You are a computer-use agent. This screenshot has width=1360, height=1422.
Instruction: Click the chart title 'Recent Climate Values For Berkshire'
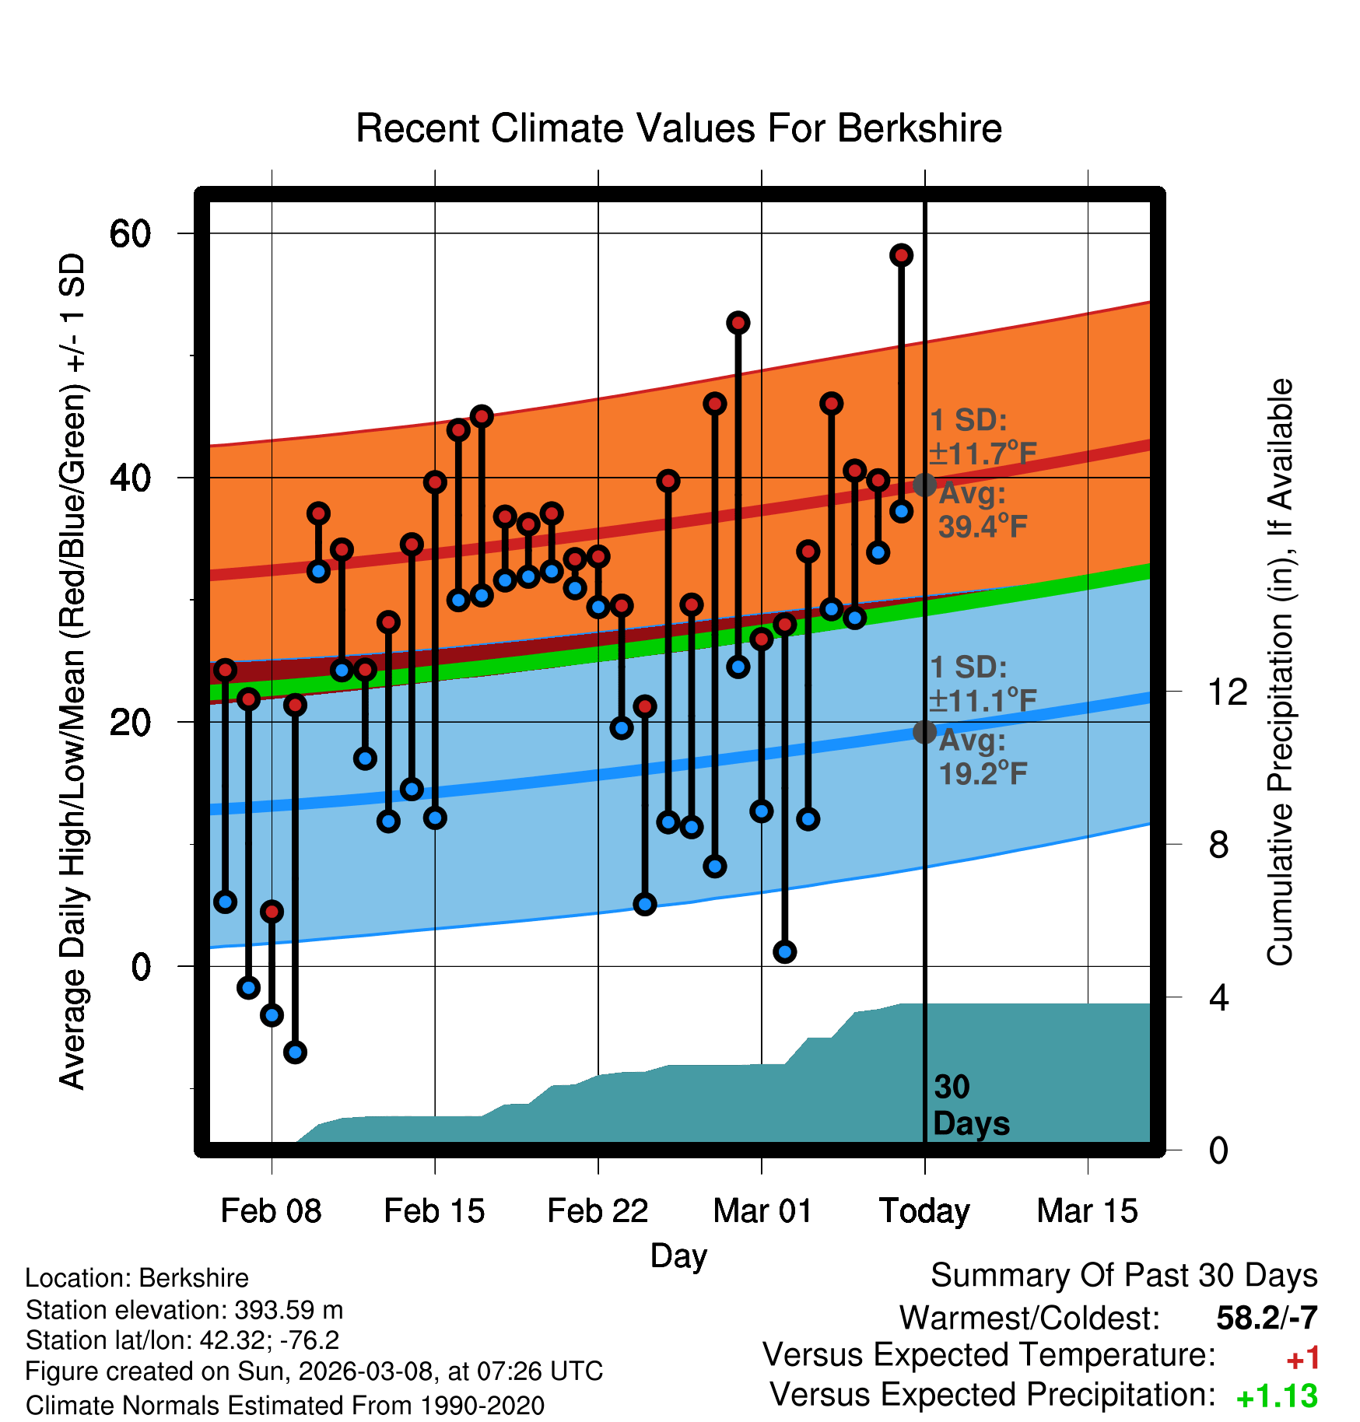[x=678, y=128]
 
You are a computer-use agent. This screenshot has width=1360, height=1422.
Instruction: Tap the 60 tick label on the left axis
[x=130, y=233]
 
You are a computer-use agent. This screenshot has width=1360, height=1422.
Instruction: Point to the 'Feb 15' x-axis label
[x=434, y=1211]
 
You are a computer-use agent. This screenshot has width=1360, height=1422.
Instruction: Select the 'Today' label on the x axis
[x=924, y=1211]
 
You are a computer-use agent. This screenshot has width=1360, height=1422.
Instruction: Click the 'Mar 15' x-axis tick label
[x=1087, y=1211]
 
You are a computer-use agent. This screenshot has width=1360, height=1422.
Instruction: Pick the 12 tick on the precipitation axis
[x=1228, y=692]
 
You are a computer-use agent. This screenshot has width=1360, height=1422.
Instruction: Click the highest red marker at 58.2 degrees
[x=902, y=255]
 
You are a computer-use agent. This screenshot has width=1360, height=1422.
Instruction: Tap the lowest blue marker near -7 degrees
[x=295, y=1052]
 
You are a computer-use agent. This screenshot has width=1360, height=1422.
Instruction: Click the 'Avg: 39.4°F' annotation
[x=982, y=510]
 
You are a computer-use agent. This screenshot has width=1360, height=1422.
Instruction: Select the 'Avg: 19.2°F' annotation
[x=982, y=757]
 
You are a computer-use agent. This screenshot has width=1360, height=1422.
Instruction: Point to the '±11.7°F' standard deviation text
[x=983, y=453]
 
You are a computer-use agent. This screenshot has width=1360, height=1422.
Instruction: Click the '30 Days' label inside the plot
[x=970, y=1105]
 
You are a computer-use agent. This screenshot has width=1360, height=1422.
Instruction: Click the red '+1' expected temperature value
[x=1302, y=1359]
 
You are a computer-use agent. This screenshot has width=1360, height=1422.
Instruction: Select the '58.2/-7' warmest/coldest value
[x=1267, y=1318]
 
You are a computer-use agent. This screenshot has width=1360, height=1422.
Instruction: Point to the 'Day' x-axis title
[x=678, y=1256]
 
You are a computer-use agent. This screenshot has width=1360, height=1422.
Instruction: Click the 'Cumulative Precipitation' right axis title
[x=1280, y=672]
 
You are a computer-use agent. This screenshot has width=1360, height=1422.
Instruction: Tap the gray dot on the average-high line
[x=924, y=485]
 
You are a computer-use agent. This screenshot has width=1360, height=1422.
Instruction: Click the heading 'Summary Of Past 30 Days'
[x=1123, y=1276]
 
